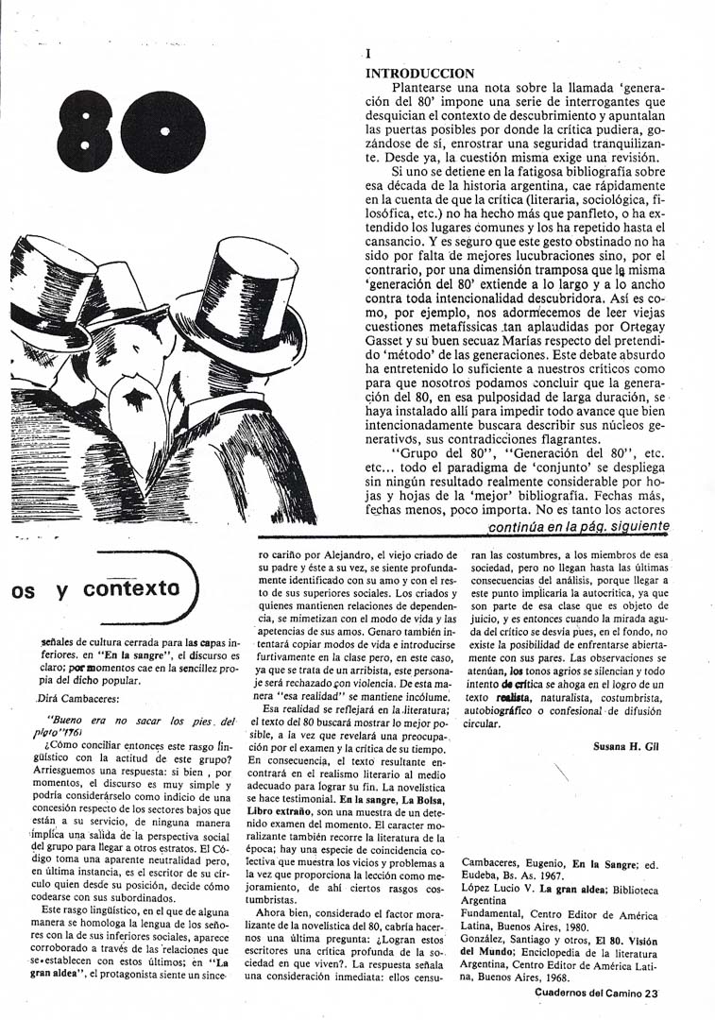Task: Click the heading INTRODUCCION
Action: click(419, 73)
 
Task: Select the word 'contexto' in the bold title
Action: click(130, 588)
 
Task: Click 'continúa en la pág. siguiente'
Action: click(579, 526)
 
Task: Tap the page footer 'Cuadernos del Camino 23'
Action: click(595, 993)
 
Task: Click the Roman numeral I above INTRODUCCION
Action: click(368, 55)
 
